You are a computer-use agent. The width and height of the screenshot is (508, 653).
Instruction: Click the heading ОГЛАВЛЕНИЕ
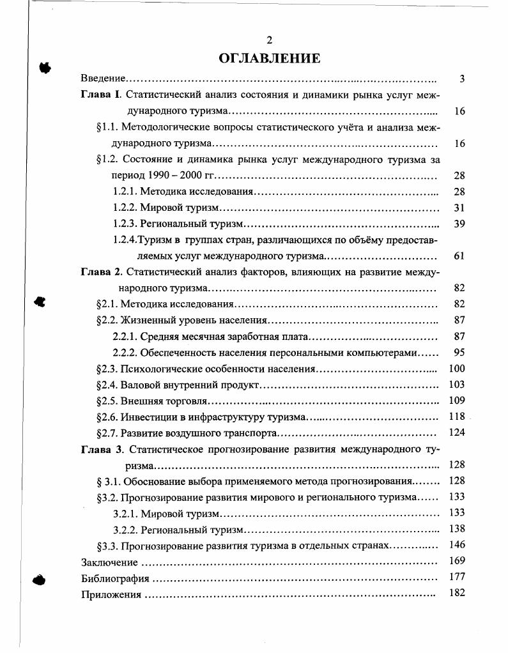click(x=269, y=59)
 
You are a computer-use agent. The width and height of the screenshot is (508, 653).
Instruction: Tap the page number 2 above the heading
click(x=269, y=40)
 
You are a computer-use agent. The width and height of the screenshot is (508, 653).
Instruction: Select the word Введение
click(x=102, y=79)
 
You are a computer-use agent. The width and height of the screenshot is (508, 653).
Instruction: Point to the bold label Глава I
click(x=100, y=95)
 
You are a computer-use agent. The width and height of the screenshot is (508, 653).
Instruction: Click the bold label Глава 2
click(x=101, y=272)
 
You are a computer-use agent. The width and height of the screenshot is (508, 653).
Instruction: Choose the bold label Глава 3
click(x=101, y=449)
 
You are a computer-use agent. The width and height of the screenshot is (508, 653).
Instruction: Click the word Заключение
click(x=109, y=562)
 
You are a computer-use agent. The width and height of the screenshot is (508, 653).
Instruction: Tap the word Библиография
click(x=115, y=578)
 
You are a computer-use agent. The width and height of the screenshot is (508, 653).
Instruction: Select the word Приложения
click(x=111, y=594)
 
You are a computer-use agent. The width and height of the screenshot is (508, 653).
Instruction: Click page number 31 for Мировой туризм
click(x=459, y=208)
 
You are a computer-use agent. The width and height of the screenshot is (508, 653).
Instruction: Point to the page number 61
click(x=459, y=256)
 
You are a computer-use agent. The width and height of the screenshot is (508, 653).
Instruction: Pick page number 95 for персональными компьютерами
click(x=459, y=352)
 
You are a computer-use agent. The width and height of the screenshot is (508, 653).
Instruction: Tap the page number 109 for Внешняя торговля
click(x=457, y=401)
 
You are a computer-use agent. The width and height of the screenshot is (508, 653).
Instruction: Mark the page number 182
click(x=457, y=593)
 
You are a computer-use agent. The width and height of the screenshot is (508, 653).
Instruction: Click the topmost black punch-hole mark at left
click(x=45, y=66)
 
